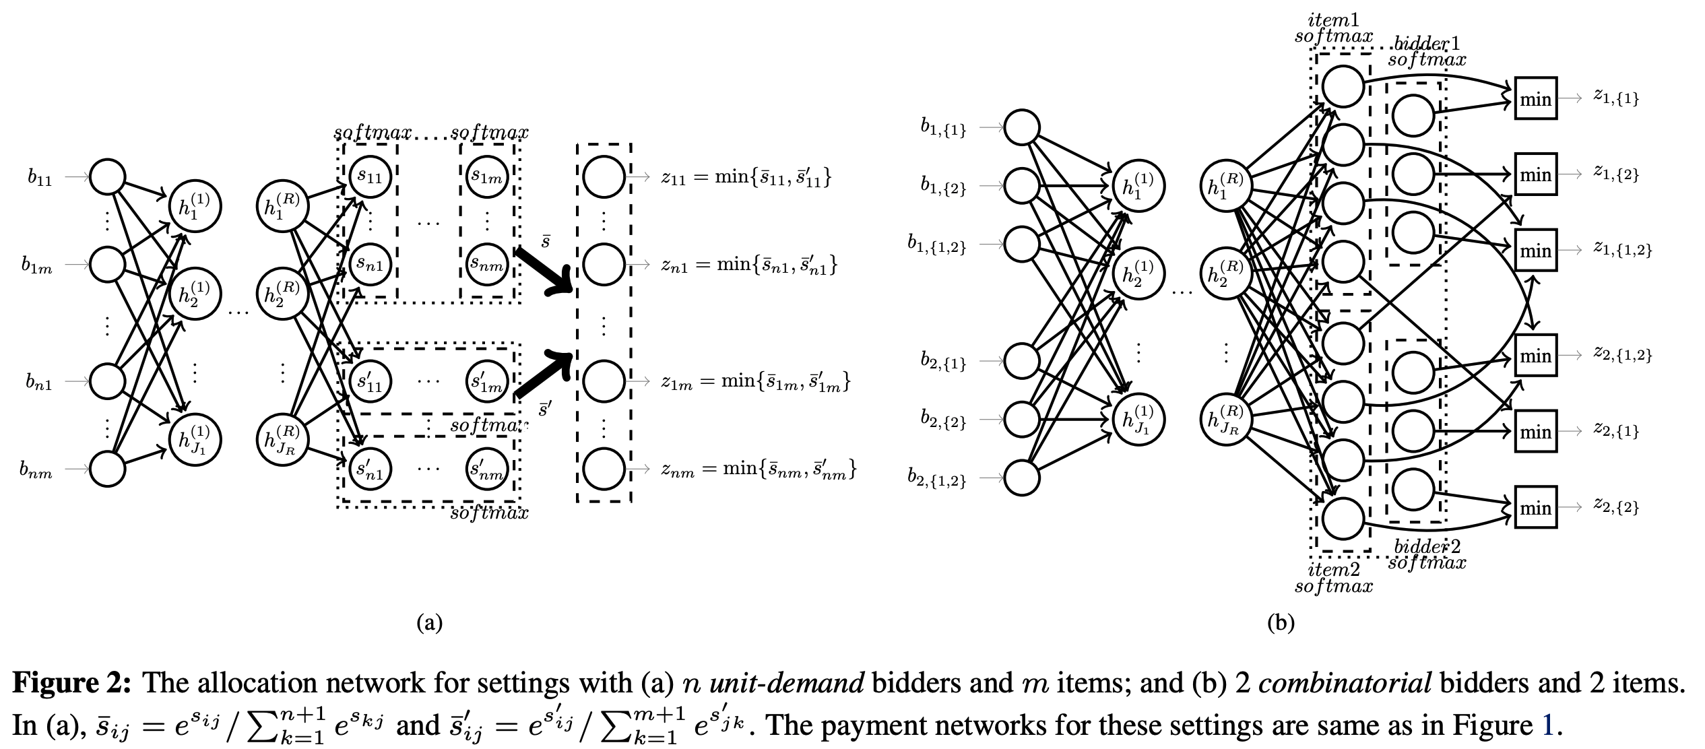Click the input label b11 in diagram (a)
tap(40, 178)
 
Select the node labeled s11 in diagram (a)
tap(370, 176)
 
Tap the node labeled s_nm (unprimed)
tap(487, 264)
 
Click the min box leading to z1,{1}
tap(1535, 99)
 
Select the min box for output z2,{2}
tap(1535, 507)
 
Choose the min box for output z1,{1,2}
tap(1535, 251)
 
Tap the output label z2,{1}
tap(1615, 430)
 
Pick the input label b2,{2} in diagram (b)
tap(943, 420)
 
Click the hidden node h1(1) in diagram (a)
tap(194, 206)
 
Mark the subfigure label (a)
tap(430, 622)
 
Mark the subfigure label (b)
tap(1280, 622)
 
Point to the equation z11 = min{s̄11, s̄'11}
tap(746, 177)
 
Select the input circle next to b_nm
tap(108, 469)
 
